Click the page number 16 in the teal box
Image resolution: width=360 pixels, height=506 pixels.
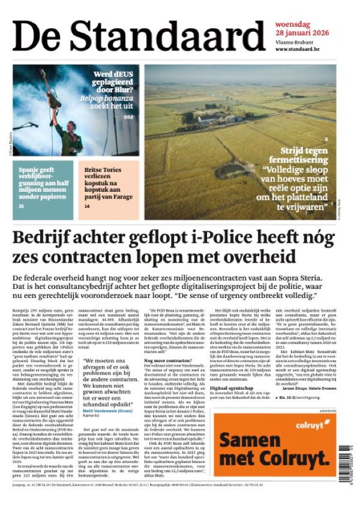[21, 206]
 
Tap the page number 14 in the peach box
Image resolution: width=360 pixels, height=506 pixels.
[87, 206]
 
